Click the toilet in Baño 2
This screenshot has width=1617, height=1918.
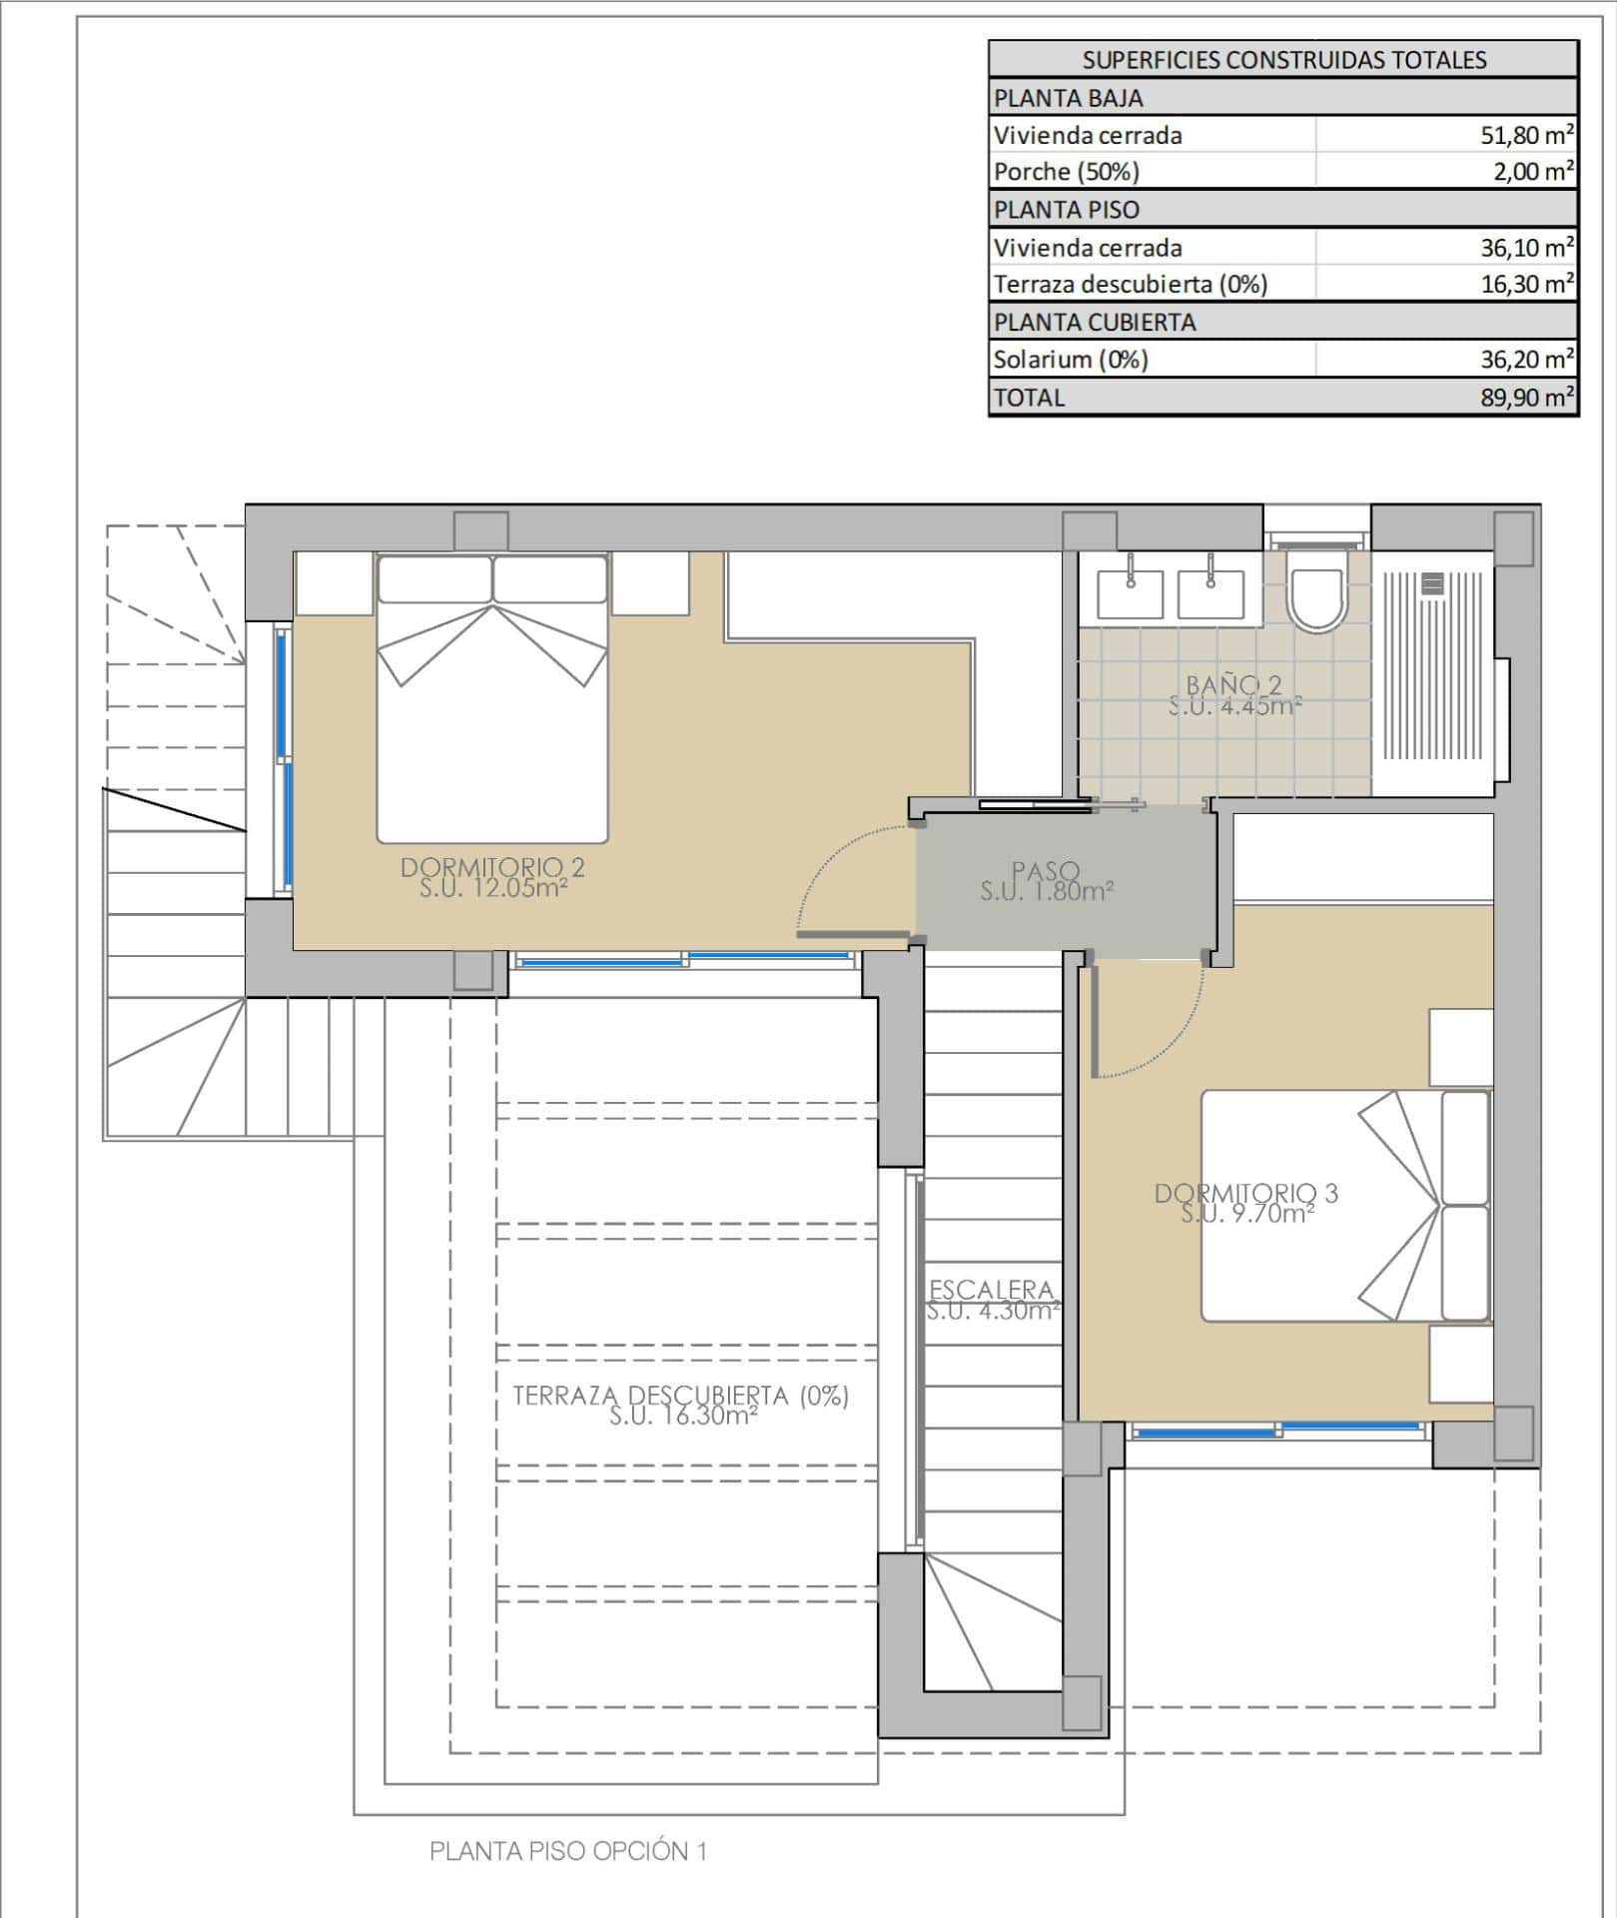1316,591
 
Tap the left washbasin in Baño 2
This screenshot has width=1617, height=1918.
1131,593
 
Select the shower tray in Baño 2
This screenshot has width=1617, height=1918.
1433,673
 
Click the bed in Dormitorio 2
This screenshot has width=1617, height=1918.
492,698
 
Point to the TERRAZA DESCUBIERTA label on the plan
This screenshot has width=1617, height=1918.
681,1396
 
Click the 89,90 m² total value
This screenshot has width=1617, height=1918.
1527,398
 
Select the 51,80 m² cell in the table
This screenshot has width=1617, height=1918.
1527,135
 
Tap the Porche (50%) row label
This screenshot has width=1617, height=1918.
1066,172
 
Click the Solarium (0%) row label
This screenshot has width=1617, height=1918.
1071,359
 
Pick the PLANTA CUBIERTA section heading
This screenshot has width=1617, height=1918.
1095,323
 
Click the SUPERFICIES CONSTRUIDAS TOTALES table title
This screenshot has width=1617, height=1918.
1284,60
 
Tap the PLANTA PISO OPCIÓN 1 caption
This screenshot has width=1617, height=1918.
568,1851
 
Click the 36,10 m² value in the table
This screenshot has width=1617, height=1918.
1527,247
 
